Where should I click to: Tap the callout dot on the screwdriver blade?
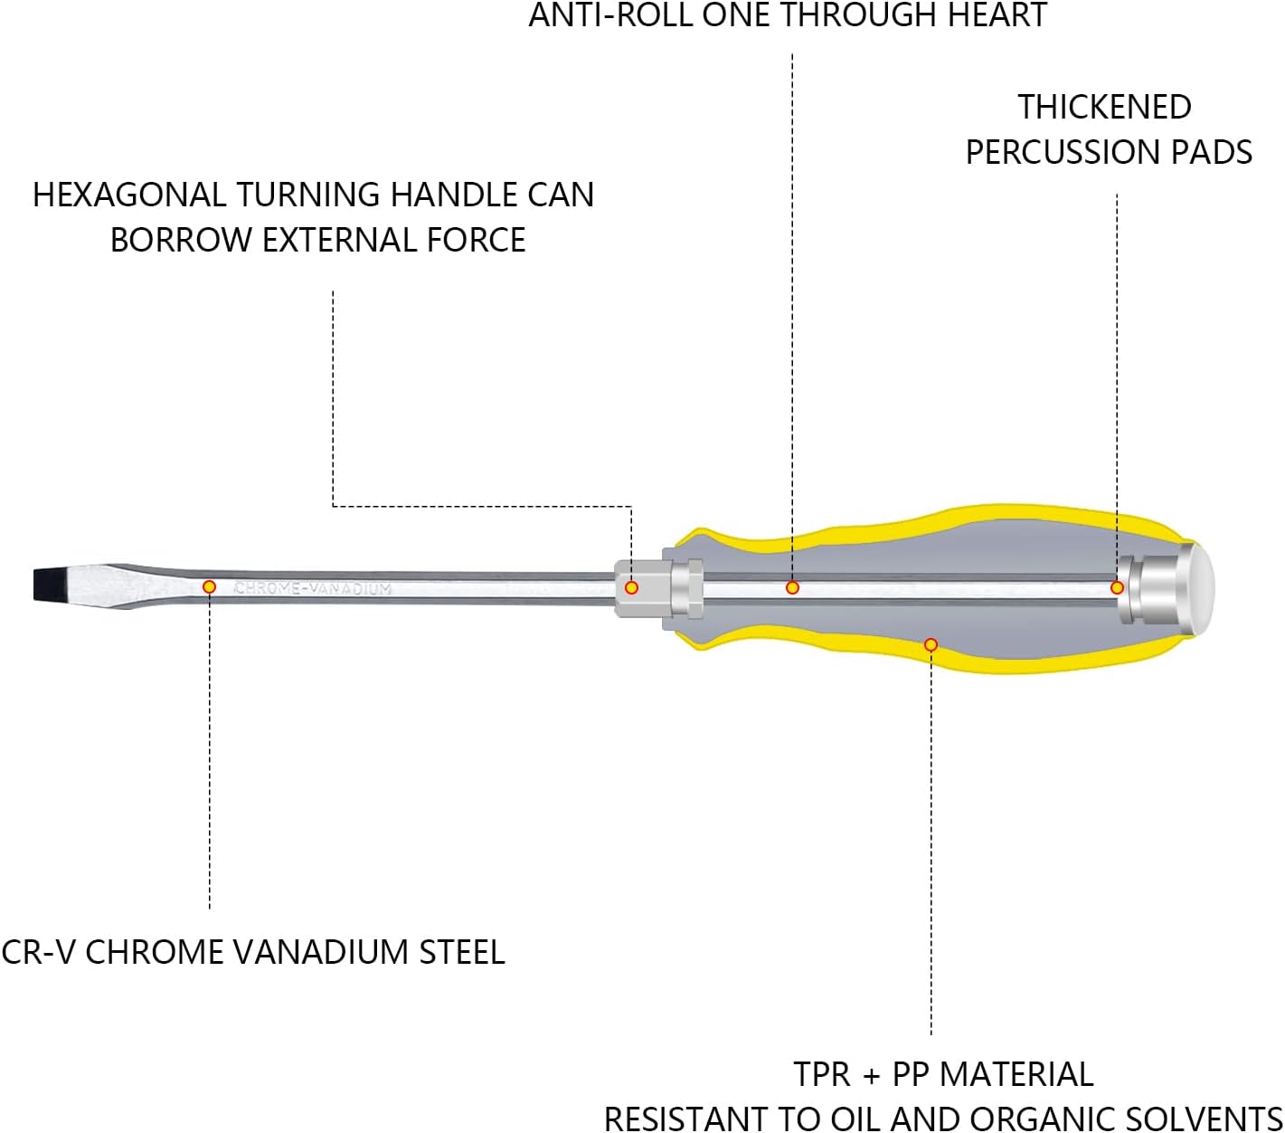coord(209,586)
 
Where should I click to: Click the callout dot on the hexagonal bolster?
coord(631,587)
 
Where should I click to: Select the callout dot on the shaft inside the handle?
coord(792,587)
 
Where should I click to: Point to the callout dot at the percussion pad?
coord(1117,587)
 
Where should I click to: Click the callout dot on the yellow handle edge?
coord(931,645)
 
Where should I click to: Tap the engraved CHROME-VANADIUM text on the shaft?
coord(313,588)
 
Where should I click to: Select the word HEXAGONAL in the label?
coord(129,195)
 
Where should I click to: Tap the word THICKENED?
coord(1104,107)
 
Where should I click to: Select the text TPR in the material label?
coord(821,1074)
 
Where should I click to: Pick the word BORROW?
coord(181,240)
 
